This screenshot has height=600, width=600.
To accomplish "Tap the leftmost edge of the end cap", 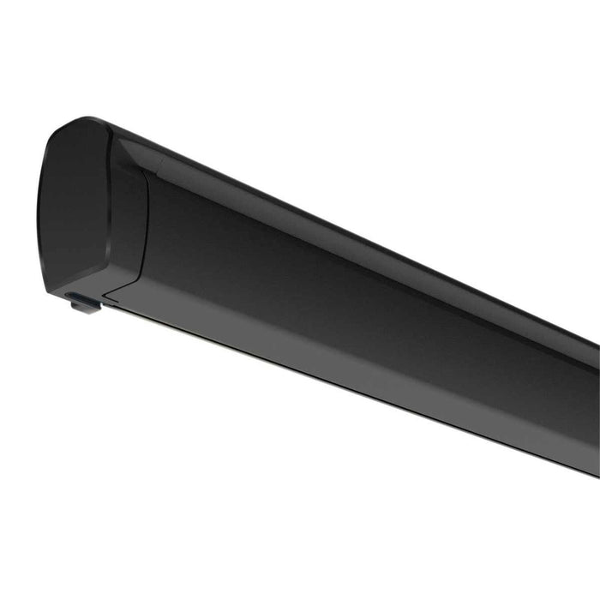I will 39,206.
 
